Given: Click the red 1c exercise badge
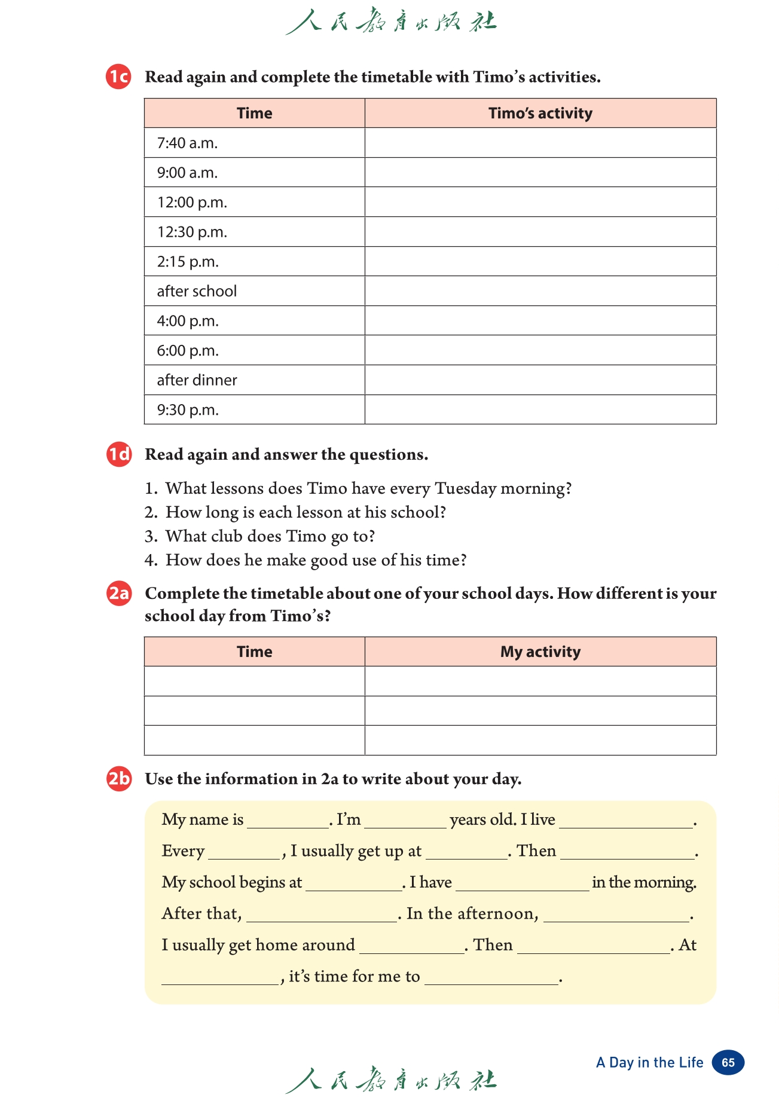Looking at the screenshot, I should coord(118,77).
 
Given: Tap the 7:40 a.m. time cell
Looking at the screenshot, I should coord(187,143).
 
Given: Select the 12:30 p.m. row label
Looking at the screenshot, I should coord(192,232).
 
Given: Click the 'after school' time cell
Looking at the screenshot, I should coord(197,291).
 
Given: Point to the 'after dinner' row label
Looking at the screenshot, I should coord(197,380).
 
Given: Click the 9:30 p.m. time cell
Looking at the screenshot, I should coord(188,410).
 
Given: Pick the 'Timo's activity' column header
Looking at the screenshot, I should coord(540,113).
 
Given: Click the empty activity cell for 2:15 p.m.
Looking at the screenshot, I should coord(540,262).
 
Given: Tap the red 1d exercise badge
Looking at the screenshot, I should coord(118,454).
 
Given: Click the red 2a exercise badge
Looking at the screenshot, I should coord(119,594).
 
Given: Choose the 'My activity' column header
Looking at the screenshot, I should coord(540,652).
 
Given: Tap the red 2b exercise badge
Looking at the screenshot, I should coord(119,779).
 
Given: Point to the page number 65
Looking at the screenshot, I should coord(728,1062).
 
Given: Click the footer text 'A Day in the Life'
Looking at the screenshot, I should coord(649,1062).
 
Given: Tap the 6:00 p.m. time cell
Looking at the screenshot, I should coord(188,351).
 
